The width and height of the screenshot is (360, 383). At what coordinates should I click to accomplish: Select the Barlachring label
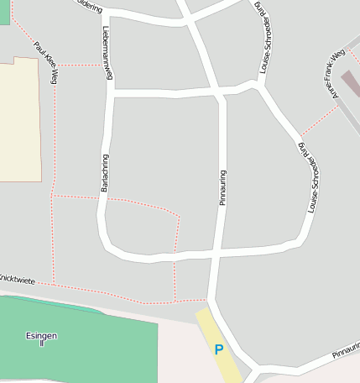(105, 173)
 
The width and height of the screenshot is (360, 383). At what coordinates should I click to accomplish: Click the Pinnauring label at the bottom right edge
(345, 351)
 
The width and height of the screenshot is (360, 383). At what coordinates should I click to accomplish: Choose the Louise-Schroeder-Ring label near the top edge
(263, 38)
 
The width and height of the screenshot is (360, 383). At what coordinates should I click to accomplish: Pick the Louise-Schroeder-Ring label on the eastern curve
(311, 177)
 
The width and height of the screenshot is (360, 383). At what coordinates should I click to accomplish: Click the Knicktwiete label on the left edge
(17, 278)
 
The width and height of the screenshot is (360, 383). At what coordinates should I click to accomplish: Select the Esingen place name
(41, 335)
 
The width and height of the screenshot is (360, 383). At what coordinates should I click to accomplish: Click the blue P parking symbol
(219, 349)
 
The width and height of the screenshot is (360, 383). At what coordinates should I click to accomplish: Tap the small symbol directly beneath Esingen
(41, 344)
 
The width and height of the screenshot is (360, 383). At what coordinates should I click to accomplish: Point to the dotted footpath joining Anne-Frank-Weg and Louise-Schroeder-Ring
(316, 121)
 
